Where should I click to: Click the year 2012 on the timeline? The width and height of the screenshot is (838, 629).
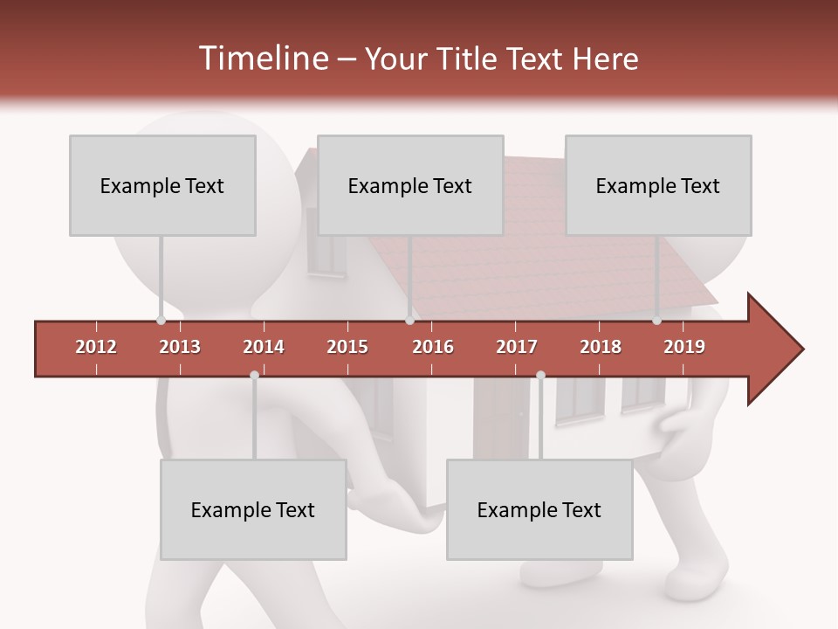96,347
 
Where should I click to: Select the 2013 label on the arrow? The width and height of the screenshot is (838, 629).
180,347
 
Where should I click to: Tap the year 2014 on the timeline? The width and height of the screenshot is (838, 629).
264,347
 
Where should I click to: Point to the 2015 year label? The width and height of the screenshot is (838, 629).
347,347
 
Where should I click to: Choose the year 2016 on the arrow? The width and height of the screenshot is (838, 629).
433,347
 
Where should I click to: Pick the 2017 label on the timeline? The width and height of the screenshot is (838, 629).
517,347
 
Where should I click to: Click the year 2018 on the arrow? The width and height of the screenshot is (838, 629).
601,347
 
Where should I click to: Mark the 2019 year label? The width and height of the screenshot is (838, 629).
684,347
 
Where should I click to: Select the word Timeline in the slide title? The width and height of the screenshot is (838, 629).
261,59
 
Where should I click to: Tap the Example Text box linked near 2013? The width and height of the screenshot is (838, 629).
162,185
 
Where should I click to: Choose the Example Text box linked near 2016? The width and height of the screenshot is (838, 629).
410,185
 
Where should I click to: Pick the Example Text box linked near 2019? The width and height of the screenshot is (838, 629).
658,185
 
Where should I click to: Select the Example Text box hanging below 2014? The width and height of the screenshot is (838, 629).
253,509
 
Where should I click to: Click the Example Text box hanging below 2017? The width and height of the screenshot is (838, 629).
539,509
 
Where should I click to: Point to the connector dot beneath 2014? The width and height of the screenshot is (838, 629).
254,375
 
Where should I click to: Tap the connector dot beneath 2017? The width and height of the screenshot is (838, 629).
540,375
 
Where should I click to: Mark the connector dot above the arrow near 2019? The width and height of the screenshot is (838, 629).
657,321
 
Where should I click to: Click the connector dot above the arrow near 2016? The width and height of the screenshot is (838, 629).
409,321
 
